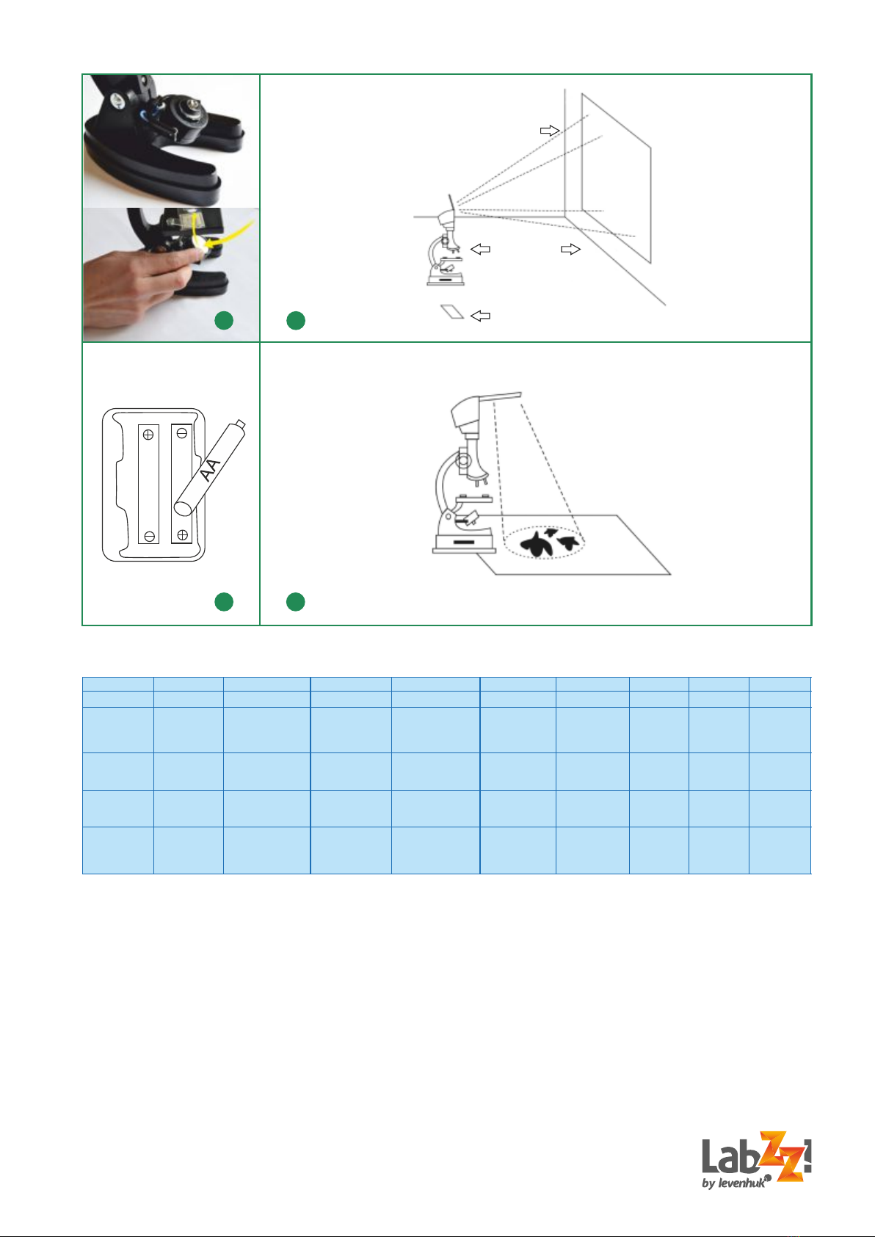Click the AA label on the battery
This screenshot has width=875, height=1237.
click(211, 470)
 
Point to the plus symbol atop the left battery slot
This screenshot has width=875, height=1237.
click(148, 435)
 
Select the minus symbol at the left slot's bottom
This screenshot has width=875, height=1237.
click(149, 536)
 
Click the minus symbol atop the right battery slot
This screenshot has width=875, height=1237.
click(181, 434)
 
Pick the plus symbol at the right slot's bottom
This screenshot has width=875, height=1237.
click(182, 534)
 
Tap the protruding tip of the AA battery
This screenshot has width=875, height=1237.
click(240, 424)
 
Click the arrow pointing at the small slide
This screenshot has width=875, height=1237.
click(480, 316)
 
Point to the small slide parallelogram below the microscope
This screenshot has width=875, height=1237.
click(452, 311)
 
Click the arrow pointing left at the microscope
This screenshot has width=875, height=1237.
click(480, 249)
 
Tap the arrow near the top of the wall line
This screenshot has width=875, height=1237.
click(550, 131)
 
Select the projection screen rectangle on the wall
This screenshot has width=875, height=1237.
click(616, 178)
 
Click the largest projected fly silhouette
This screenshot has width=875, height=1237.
click(536, 545)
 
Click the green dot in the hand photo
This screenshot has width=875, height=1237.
click(224, 320)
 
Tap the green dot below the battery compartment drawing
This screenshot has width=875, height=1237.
click(224, 601)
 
